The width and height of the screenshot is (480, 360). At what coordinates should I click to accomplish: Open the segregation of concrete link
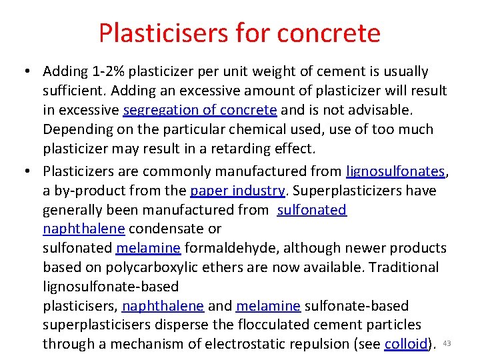[x=200, y=110]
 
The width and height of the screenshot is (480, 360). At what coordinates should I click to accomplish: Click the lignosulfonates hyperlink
[x=395, y=171]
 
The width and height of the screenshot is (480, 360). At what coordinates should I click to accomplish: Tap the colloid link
[x=405, y=344]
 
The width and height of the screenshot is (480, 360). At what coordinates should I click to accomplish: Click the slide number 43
[x=447, y=343]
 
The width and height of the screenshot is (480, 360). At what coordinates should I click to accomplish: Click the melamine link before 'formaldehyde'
[x=148, y=249]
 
